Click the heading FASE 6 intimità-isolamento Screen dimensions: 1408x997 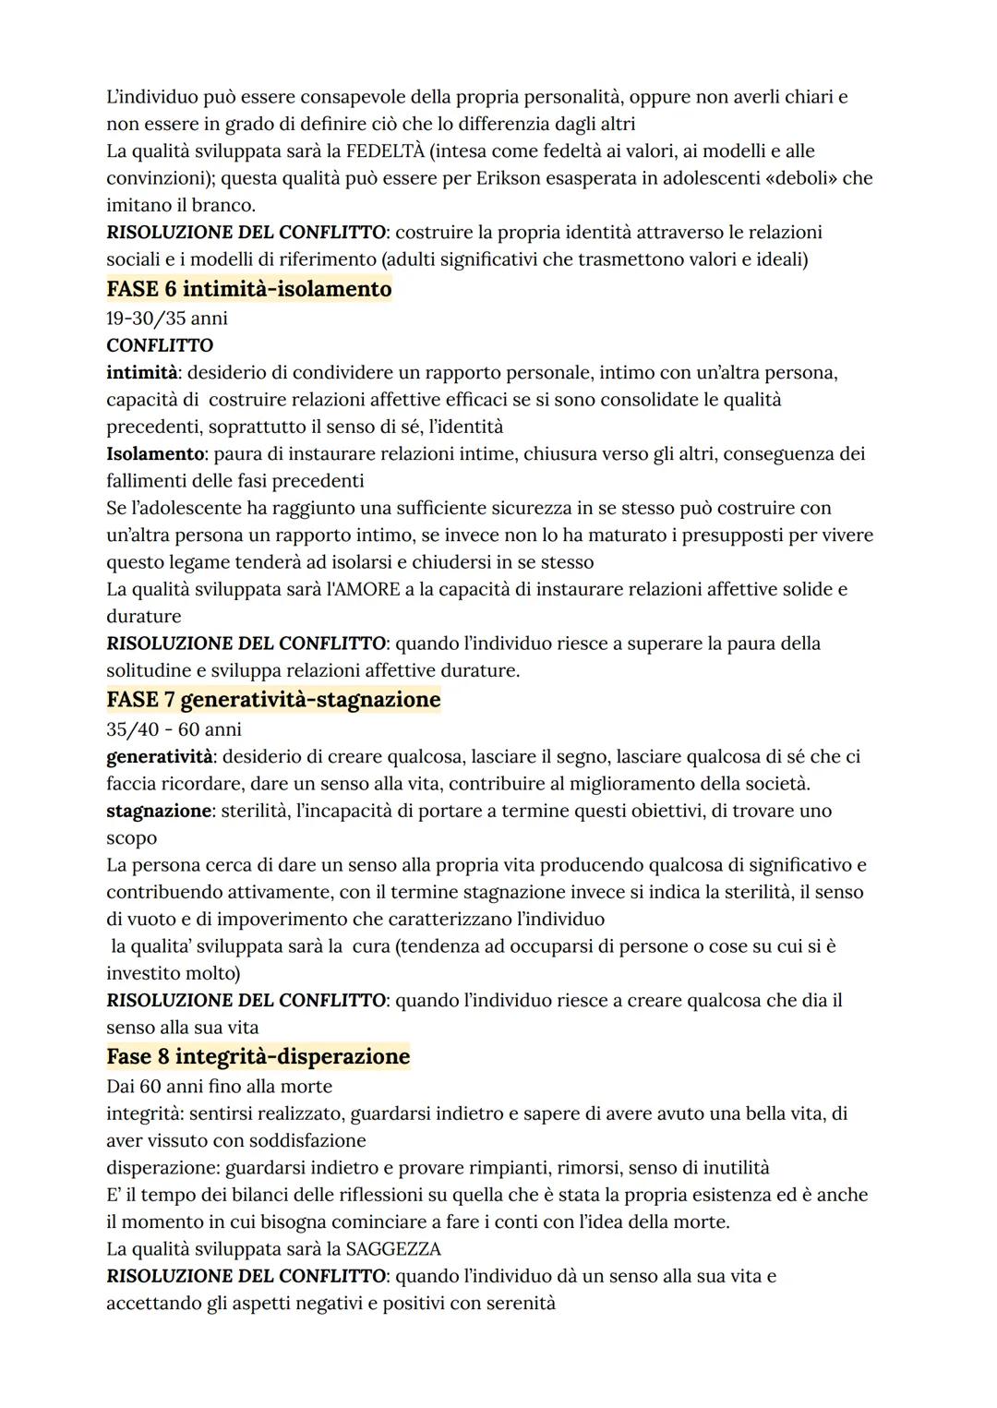(x=249, y=289)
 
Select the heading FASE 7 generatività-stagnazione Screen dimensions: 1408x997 (x=273, y=700)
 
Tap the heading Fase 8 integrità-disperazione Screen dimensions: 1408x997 (x=258, y=1056)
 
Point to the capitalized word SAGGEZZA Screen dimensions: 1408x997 (x=393, y=1249)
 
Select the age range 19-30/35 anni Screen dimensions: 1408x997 (x=167, y=319)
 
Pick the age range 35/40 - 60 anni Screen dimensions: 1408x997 (x=174, y=729)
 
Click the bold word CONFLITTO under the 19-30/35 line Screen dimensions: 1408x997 (x=160, y=345)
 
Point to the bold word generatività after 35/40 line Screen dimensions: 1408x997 (x=160, y=757)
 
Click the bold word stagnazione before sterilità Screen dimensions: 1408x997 (x=159, y=812)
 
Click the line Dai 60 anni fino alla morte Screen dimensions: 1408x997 (x=220, y=1087)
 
